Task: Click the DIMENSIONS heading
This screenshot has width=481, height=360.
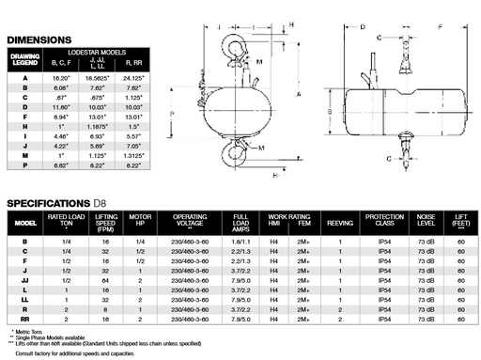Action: (x=39, y=39)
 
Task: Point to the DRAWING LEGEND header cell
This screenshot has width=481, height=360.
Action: (x=24, y=61)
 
